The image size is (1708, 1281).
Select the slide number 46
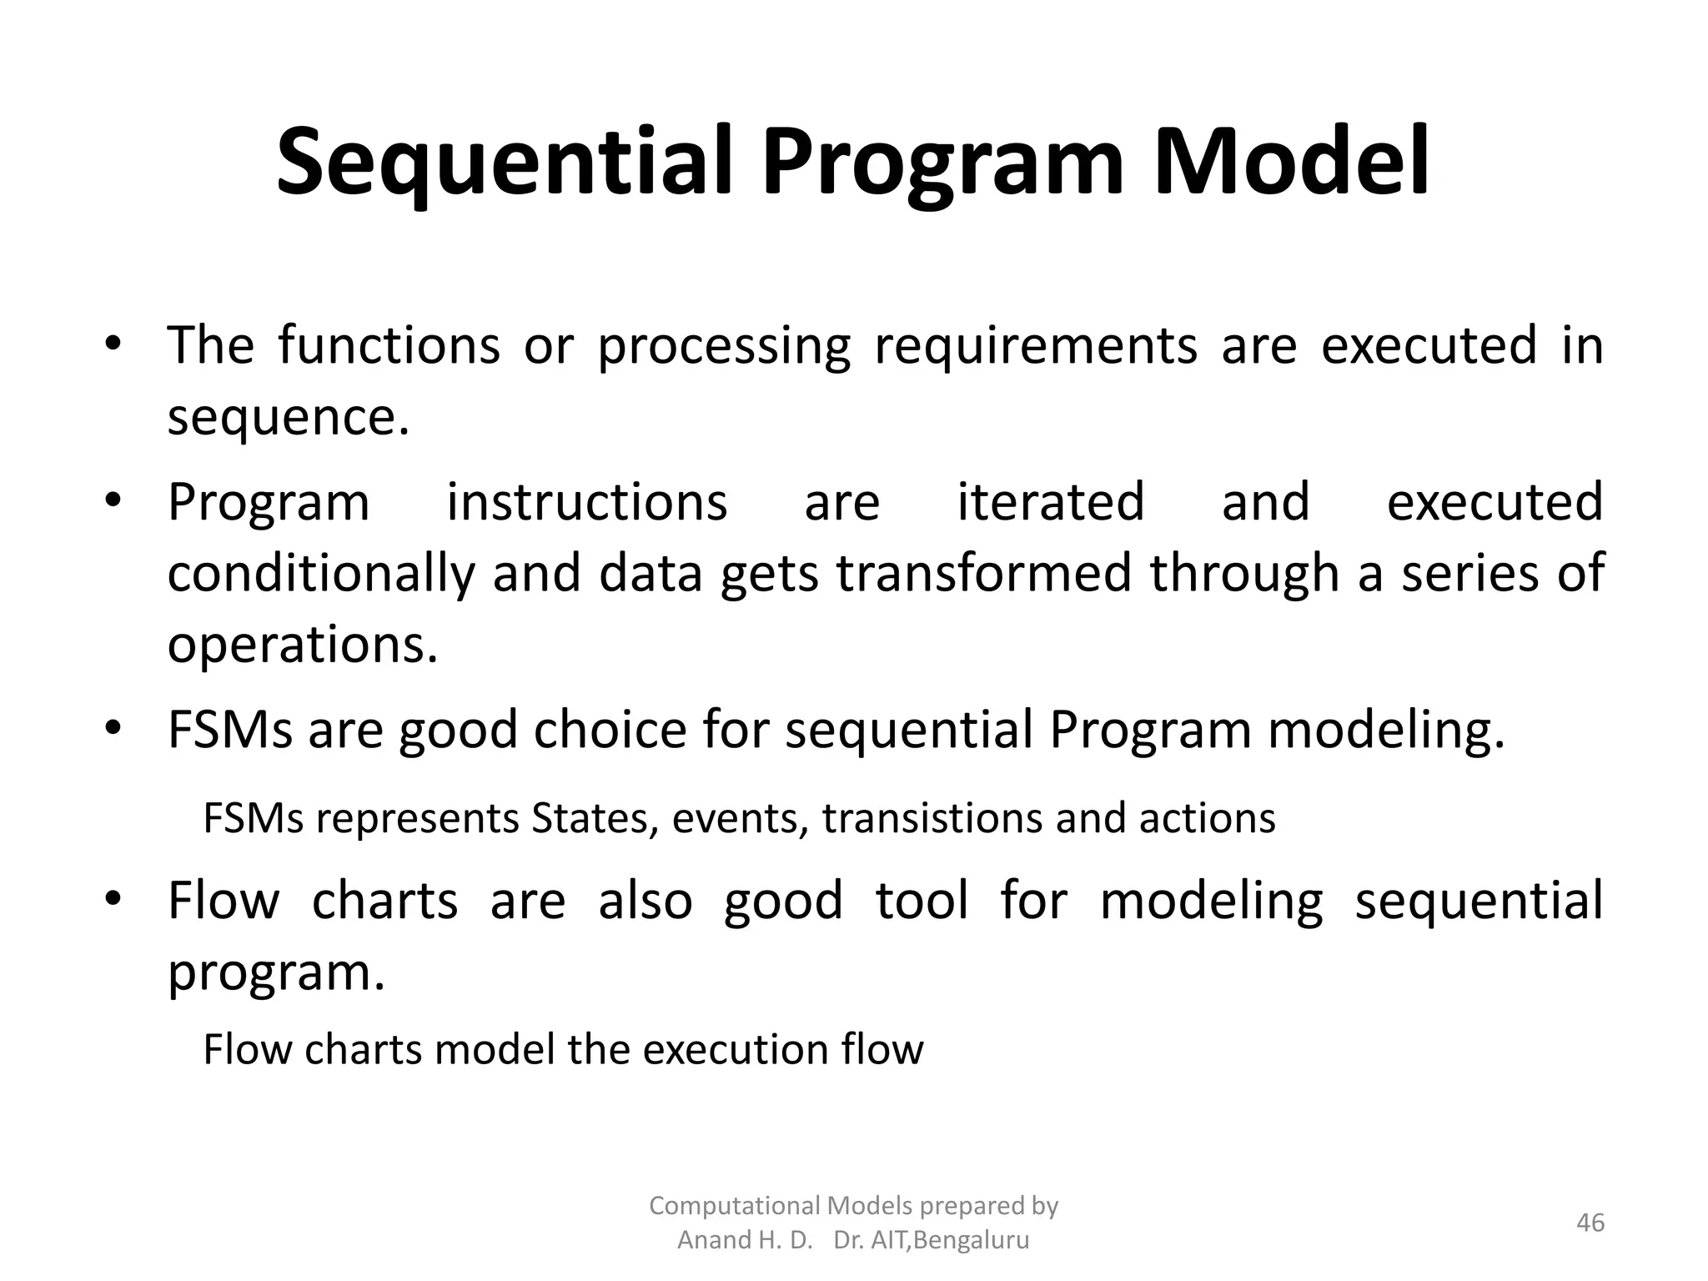[x=1590, y=1223]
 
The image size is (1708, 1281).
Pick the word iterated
[x=1050, y=502]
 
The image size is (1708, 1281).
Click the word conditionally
[x=321, y=575]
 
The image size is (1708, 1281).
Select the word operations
[x=302, y=645]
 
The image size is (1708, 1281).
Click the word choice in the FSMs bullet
[x=610, y=730]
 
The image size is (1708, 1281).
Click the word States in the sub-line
[x=590, y=819]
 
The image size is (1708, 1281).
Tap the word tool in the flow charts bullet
[x=922, y=901]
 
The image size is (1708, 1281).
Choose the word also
[x=645, y=901]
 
